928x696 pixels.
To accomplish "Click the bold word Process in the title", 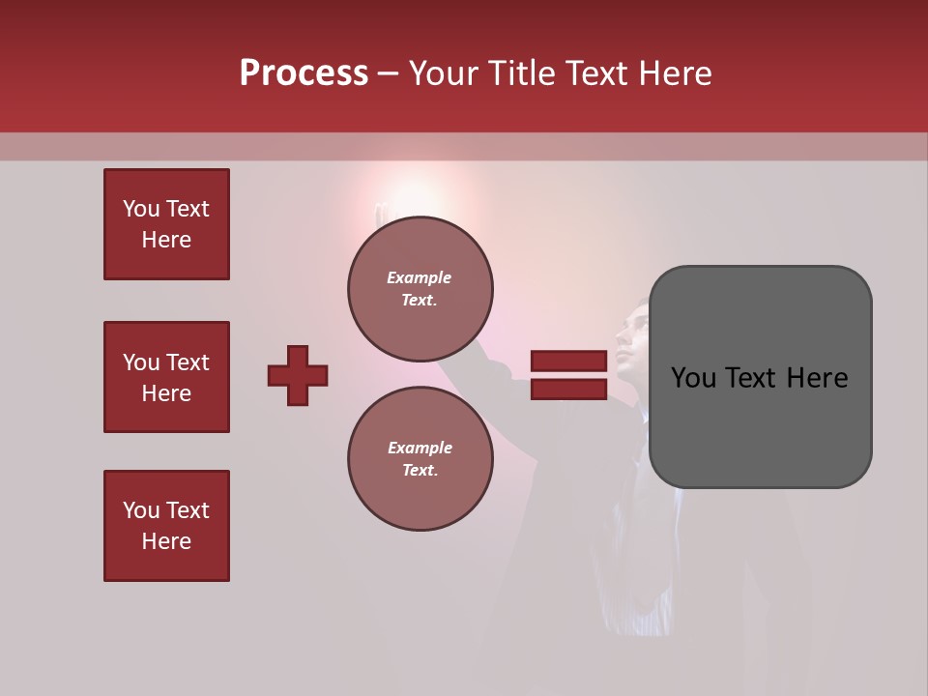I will [304, 73].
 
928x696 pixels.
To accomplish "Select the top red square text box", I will [166, 224].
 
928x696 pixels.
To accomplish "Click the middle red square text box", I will [166, 377].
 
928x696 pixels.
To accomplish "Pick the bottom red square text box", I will [166, 526].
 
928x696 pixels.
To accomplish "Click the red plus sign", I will [298, 375].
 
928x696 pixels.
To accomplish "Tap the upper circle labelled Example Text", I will [420, 288].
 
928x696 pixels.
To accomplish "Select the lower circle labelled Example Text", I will [420, 458].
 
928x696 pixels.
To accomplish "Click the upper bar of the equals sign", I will [568, 362].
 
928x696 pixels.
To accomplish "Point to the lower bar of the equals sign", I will [568, 389].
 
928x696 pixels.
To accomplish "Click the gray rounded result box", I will [760, 377].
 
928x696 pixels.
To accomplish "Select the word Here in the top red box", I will [166, 240].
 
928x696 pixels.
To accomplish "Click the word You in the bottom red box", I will [141, 510].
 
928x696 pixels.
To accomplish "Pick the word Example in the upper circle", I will [420, 277].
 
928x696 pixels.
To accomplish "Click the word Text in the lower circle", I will [420, 470].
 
